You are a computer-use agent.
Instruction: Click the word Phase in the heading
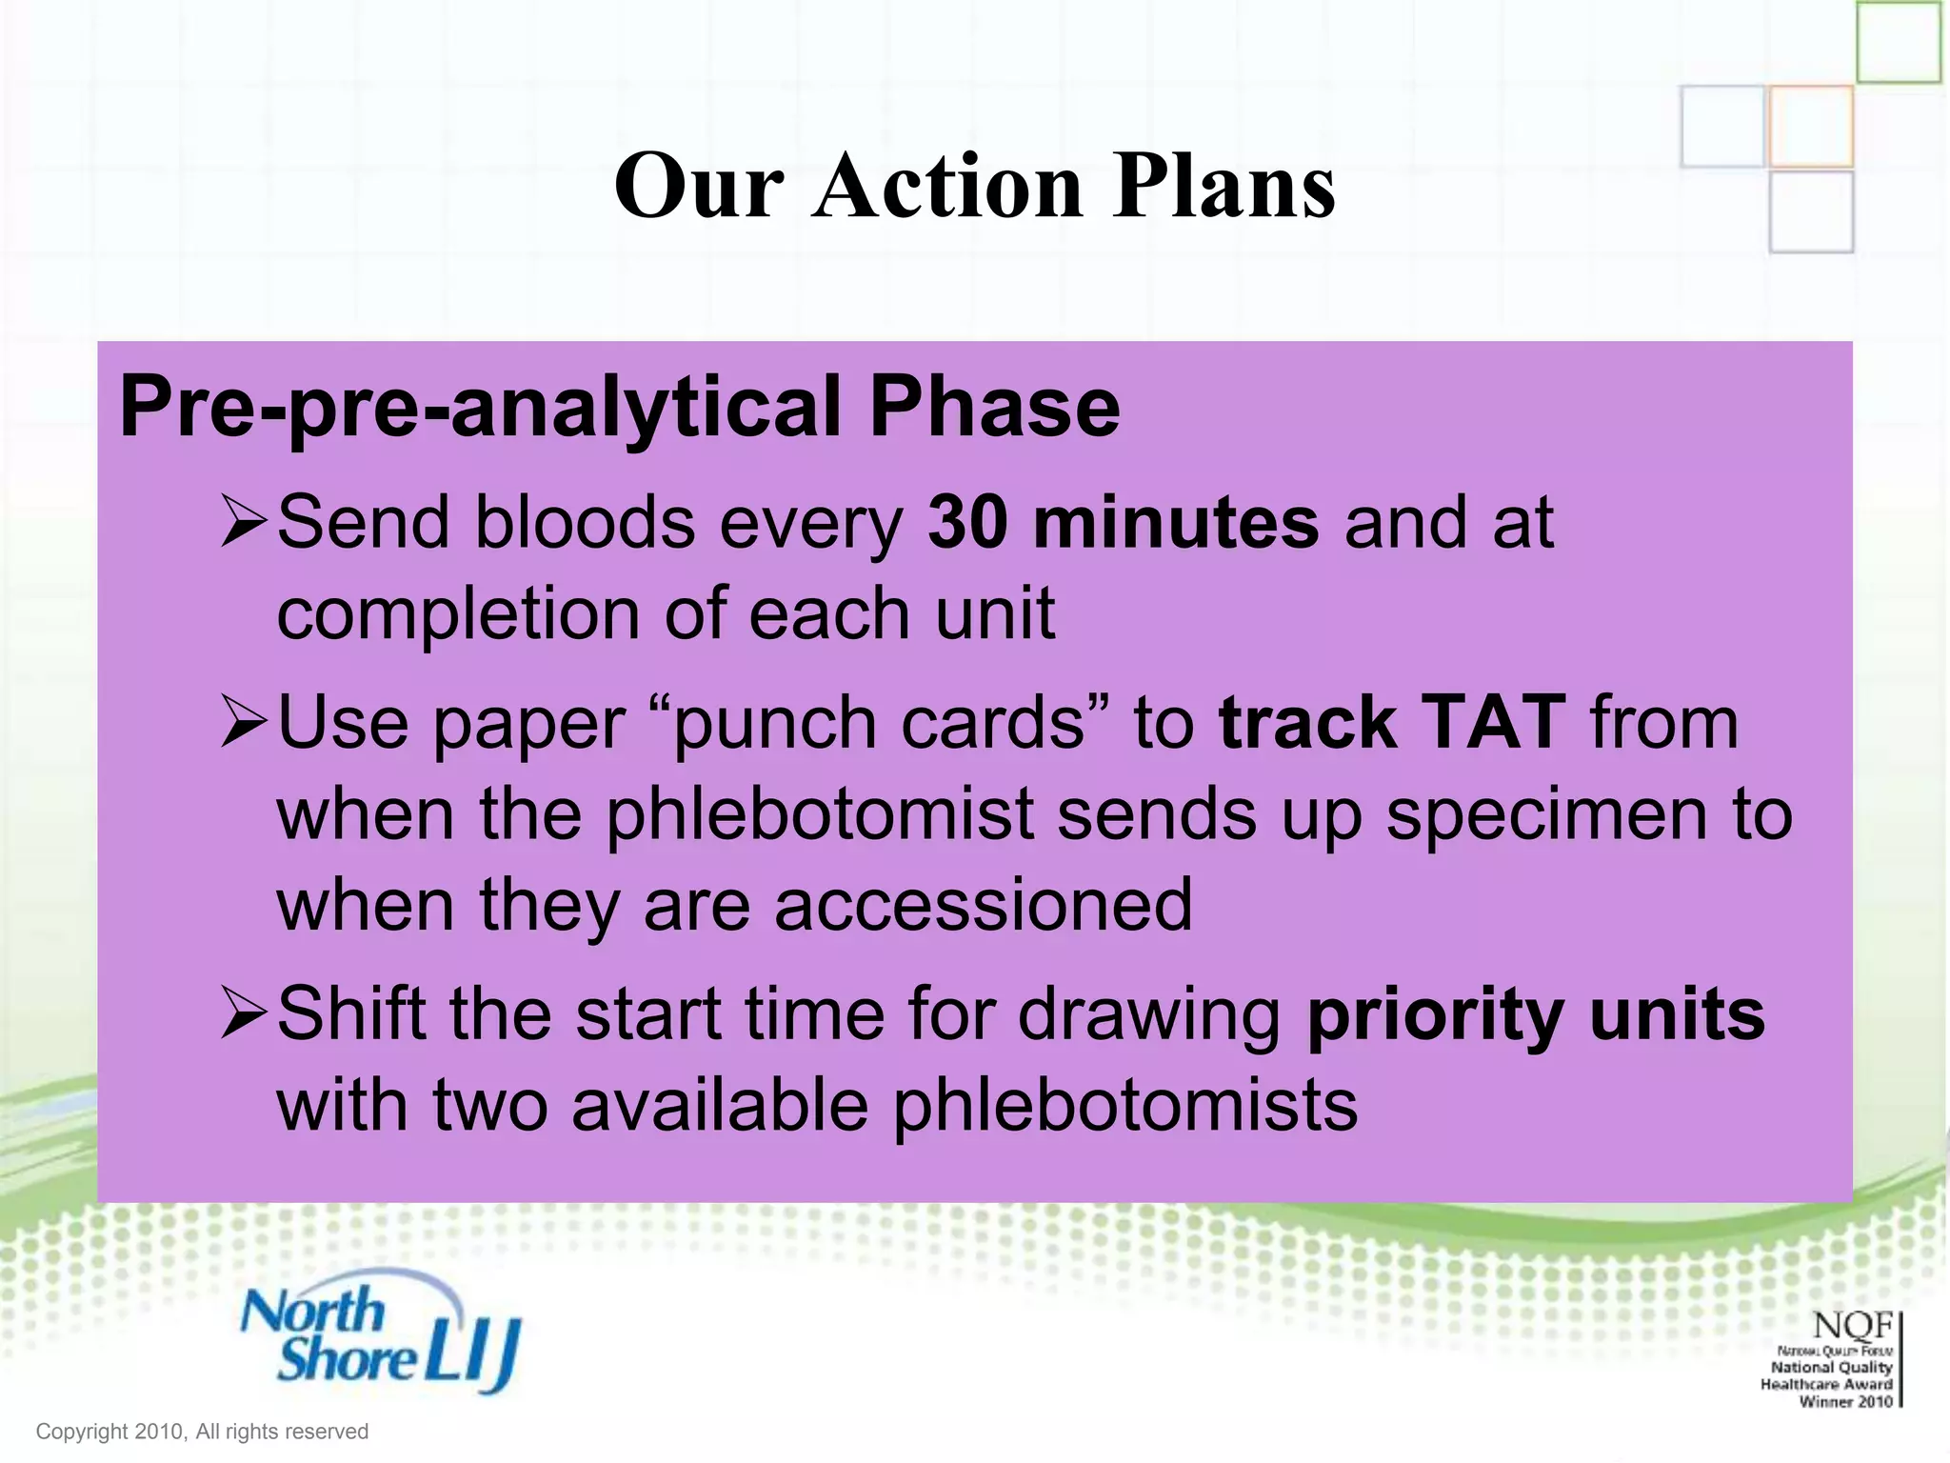tap(994, 407)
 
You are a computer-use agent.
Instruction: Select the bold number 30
tap(967, 523)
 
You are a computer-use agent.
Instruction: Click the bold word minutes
tap(1176, 523)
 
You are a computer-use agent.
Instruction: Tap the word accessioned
tap(983, 905)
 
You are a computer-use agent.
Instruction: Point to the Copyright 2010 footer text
tap(202, 1432)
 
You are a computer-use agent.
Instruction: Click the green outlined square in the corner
tap(1898, 42)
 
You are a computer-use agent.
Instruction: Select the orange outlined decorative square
tap(1811, 127)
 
